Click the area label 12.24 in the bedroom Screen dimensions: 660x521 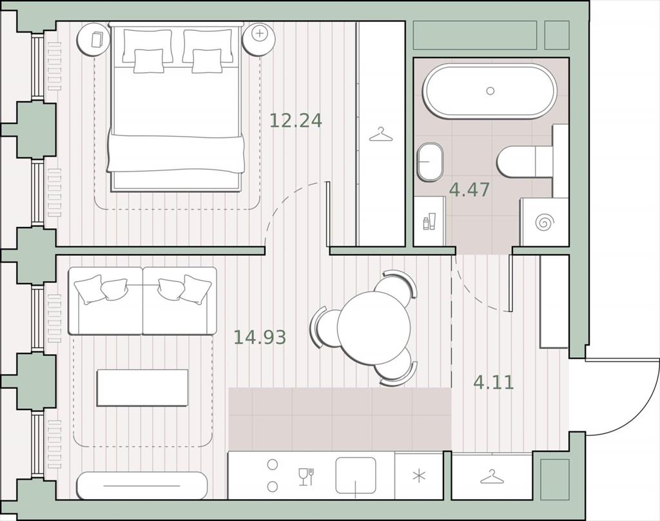pyautogui.click(x=295, y=121)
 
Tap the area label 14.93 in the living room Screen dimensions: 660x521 pyautogui.click(x=260, y=337)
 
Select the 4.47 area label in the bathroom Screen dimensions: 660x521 pyautogui.click(x=469, y=190)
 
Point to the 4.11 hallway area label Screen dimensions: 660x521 pyautogui.click(x=494, y=382)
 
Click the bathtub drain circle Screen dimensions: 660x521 pyautogui.click(x=490, y=90)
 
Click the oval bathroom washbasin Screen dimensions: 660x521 pyautogui.click(x=430, y=162)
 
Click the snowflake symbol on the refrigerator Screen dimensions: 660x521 pyautogui.click(x=419, y=477)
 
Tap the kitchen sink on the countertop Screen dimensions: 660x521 pyautogui.click(x=356, y=475)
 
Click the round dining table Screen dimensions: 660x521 pyautogui.click(x=373, y=327)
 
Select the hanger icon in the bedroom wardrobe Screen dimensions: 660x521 pyautogui.click(x=380, y=135)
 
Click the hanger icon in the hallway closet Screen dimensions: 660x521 pyautogui.click(x=491, y=477)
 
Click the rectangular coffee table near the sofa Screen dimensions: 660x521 pyautogui.click(x=142, y=388)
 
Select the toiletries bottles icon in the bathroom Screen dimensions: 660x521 pyautogui.click(x=429, y=222)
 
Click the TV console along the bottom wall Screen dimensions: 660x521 pyautogui.click(x=142, y=486)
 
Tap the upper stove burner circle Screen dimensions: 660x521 pyautogui.click(x=273, y=464)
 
